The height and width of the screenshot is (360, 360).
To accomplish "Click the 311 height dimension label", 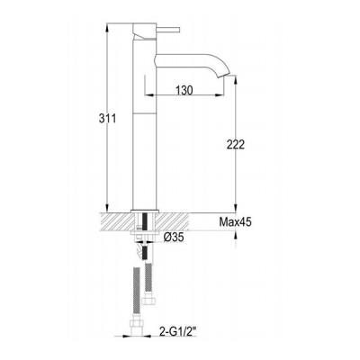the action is click(107, 119).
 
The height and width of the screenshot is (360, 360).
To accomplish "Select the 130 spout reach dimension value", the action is click(184, 90).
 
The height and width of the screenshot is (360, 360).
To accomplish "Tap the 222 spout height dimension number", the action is click(236, 144).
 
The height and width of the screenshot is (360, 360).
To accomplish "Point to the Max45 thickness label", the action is click(235, 222).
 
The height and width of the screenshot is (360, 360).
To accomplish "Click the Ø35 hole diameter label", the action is click(173, 238).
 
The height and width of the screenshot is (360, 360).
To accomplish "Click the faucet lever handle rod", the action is click(168, 30).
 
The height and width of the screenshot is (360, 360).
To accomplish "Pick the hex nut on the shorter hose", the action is click(148, 300).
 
